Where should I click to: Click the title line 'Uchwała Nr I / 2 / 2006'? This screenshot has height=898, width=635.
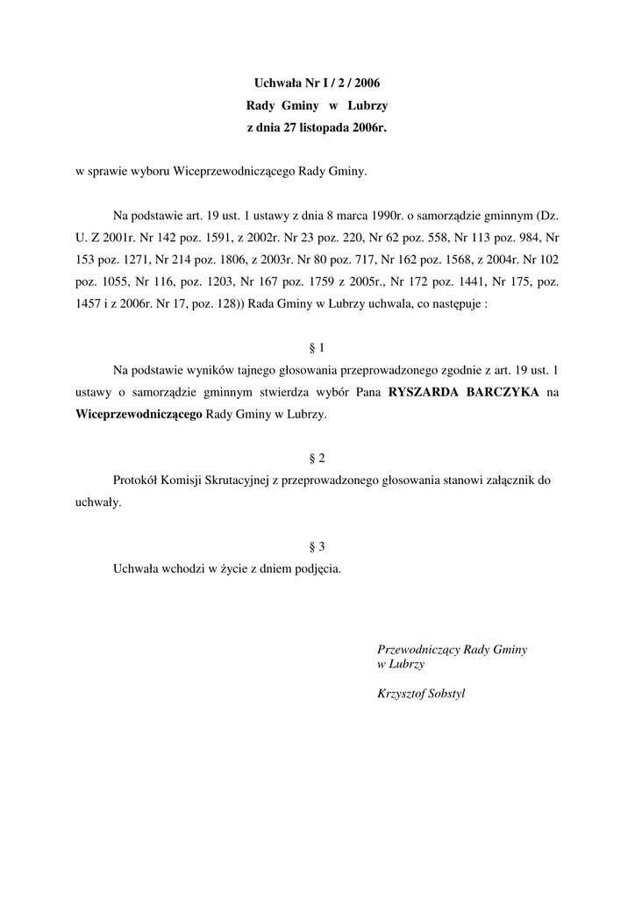(x=317, y=84)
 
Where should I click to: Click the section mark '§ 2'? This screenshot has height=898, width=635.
(x=317, y=459)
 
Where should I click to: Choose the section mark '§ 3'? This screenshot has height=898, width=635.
(x=317, y=546)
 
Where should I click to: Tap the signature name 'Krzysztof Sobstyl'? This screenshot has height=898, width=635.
(x=421, y=694)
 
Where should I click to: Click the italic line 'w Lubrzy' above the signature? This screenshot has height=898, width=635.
(x=401, y=665)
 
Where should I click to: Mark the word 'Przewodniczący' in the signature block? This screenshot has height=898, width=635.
(x=417, y=650)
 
